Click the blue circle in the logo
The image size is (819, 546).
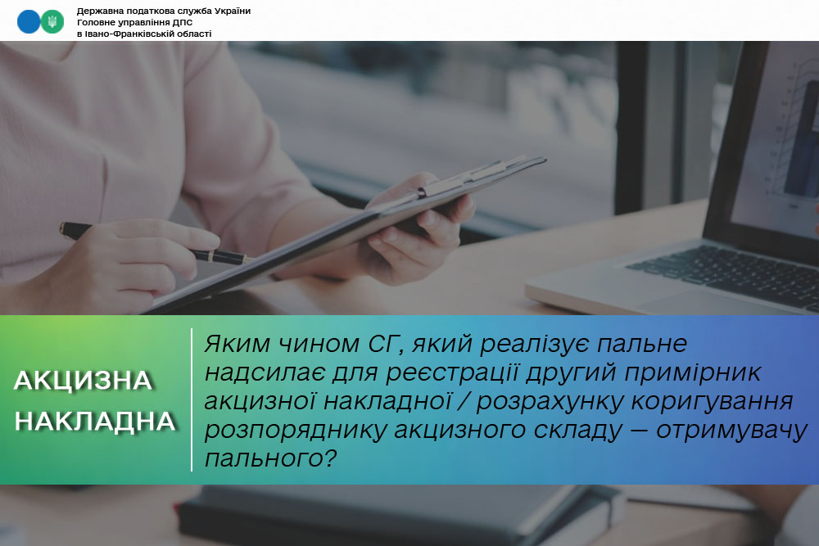tap(28, 22)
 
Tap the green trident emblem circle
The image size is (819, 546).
tap(52, 22)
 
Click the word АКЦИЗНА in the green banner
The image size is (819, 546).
tap(83, 381)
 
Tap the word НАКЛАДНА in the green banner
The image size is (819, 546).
tap(95, 422)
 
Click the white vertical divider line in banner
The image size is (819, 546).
tap(192, 399)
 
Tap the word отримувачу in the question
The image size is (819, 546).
tap(731, 431)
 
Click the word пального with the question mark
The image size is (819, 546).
tap(270, 458)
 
